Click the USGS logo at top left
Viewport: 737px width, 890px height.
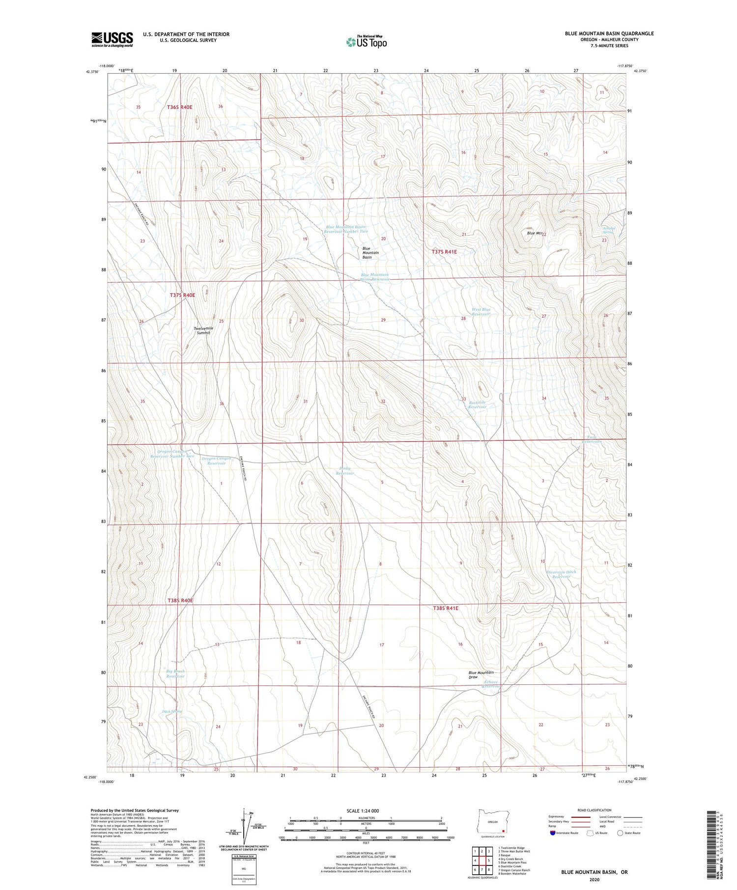(x=112, y=39)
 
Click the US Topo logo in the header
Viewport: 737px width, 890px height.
(x=366, y=42)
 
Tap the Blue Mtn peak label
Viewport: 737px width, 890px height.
(x=534, y=234)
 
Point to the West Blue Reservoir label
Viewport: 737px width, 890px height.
(x=481, y=312)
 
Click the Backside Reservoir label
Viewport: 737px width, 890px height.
(x=477, y=405)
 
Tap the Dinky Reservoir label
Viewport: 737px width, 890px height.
(x=344, y=471)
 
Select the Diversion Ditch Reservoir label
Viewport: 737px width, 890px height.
(x=561, y=574)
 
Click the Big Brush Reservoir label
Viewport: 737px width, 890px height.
(x=175, y=674)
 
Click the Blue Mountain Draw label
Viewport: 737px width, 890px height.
(x=481, y=674)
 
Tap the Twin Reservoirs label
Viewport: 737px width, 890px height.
(x=592, y=439)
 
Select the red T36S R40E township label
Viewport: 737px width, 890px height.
(x=179, y=107)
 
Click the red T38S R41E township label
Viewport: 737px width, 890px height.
(x=446, y=608)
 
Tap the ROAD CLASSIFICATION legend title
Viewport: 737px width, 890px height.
(x=595, y=810)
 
